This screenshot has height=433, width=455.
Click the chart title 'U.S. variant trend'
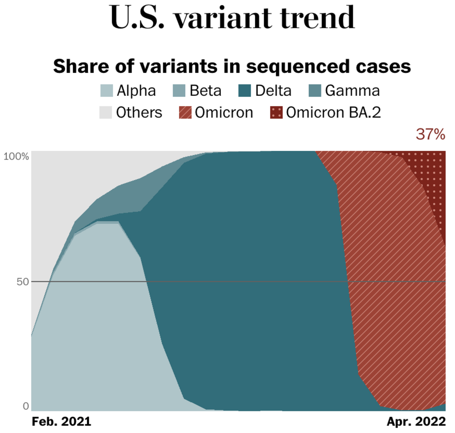[232, 18]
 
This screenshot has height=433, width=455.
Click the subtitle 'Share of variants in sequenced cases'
[232, 66]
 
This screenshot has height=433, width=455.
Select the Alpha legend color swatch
[107, 91]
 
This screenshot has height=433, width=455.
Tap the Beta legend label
[206, 91]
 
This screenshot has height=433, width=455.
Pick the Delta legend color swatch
[245, 91]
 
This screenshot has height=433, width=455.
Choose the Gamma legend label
[352, 91]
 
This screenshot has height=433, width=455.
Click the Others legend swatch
[106, 113]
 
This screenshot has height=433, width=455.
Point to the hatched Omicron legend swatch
[185, 113]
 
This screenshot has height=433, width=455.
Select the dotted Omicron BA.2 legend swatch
[276, 113]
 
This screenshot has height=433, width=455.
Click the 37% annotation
[430, 134]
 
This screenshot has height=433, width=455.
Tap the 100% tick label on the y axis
[16, 156]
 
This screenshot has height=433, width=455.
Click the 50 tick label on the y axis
[23, 282]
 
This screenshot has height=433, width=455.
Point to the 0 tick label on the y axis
[26, 406]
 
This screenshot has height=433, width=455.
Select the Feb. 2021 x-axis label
[61, 422]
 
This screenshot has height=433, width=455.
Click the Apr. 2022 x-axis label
[416, 422]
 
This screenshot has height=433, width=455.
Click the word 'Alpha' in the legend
[136, 91]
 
